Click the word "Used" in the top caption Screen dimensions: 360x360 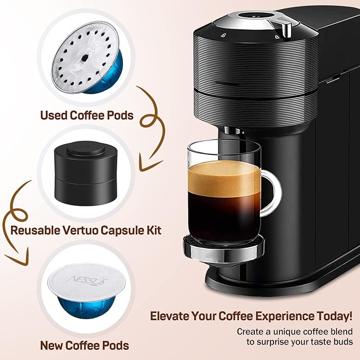pyautogui.click(x=54, y=115)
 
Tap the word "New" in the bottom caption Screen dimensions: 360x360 pyautogui.click(x=53, y=345)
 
